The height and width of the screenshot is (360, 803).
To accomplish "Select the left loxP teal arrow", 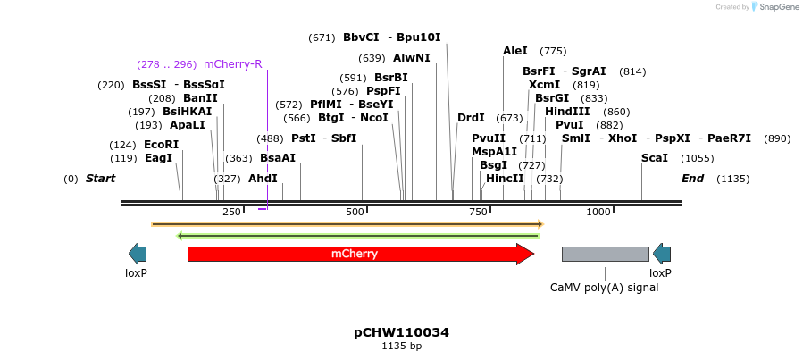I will click(x=138, y=254).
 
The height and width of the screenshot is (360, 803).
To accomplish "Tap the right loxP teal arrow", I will click(x=661, y=254).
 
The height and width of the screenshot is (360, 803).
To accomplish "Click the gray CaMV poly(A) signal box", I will click(x=605, y=254).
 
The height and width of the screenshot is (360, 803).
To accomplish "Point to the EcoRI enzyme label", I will click(x=161, y=145).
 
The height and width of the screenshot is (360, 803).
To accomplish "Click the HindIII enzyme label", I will click(x=567, y=112).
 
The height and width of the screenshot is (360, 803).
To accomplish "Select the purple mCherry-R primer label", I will click(x=232, y=64).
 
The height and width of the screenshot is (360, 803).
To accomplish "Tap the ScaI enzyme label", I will click(x=654, y=158).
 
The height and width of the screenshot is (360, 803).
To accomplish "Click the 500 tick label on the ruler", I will click(x=355, y=212).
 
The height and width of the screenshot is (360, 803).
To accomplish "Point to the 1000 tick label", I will click(x=598, y=212).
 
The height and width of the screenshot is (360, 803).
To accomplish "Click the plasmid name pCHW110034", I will click(x=401, y=332).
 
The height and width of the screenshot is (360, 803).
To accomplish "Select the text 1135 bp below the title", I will click(x=401, y=347).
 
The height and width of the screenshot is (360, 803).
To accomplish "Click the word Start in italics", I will click(x=100, y=179).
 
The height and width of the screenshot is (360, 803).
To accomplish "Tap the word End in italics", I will click(x=692, y=179).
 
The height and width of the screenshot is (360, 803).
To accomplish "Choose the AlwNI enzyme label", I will click(x=411, y=58).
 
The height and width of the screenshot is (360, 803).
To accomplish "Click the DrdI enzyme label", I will click(x=471, y=118).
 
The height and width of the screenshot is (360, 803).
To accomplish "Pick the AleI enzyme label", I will click(x=515, y=51).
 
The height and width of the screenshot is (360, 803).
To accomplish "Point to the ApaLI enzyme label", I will click(x=187, y=125).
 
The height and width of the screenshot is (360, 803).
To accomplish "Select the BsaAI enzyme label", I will click(x=277, y=158).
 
